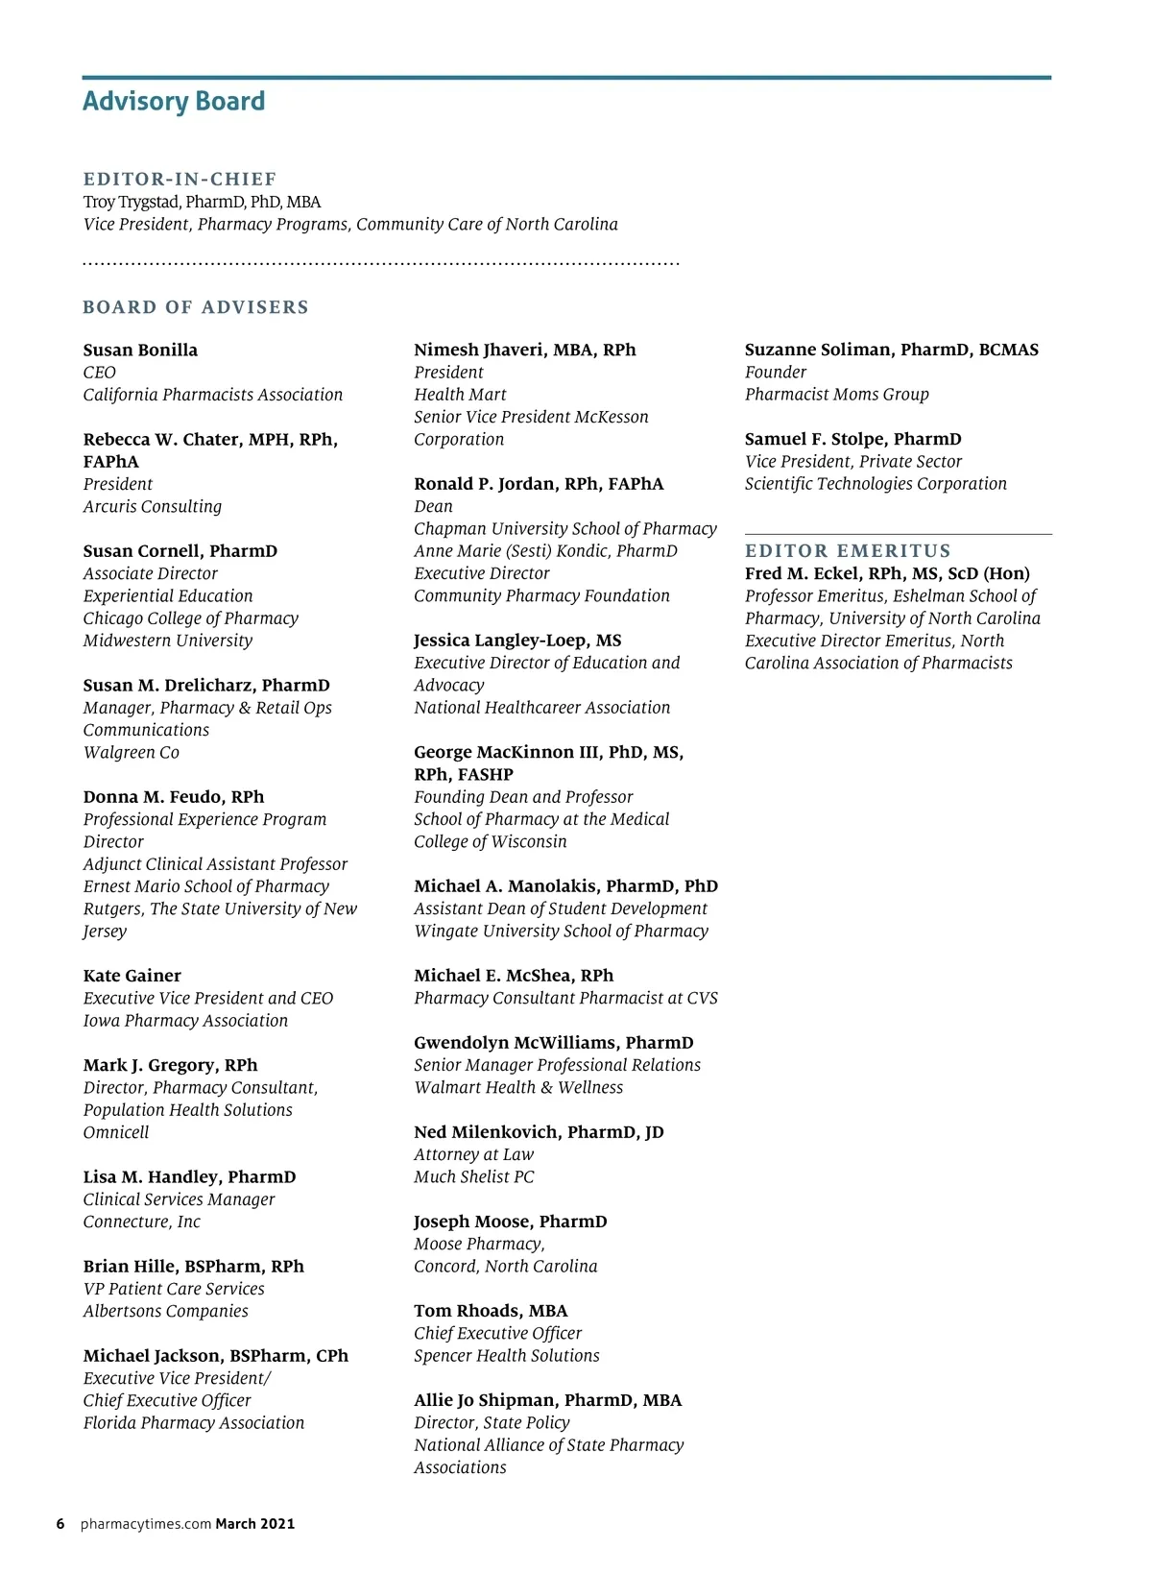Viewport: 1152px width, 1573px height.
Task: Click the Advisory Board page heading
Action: (x=174, y=101)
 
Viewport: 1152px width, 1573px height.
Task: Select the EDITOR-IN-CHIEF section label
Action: (x=180, y=179)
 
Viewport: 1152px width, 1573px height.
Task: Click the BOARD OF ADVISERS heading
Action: (x=196, y=307)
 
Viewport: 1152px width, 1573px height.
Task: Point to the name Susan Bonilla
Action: (x=140, y=350)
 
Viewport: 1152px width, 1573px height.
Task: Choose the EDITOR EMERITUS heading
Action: (x=848, y=551)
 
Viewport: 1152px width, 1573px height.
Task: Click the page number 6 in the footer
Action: (x=60, y=1524)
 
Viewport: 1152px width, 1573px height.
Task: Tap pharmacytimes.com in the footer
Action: (x=146, y=1524)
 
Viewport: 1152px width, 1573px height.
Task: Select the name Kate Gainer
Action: (x=132, y=976)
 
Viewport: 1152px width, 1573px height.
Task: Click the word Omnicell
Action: (x=116, y=1132)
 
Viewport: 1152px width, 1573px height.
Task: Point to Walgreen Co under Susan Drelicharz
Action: (x=131, y=752)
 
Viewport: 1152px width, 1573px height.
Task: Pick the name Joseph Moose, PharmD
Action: (x=510, y=1222)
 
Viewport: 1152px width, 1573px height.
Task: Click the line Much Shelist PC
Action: (x=473, y=1176)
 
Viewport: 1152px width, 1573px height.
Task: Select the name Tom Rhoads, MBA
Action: (x=491, y=1311)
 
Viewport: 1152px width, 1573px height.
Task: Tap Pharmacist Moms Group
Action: (x=836, y=394)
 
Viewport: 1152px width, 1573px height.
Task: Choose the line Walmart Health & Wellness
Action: (x=518, y=1087)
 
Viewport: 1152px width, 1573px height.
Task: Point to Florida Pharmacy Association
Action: (x=193, y=1422)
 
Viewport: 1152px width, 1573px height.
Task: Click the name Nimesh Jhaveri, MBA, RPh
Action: (x=524, y=350)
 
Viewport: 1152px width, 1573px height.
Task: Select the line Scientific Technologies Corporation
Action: (x=876, y=484)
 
